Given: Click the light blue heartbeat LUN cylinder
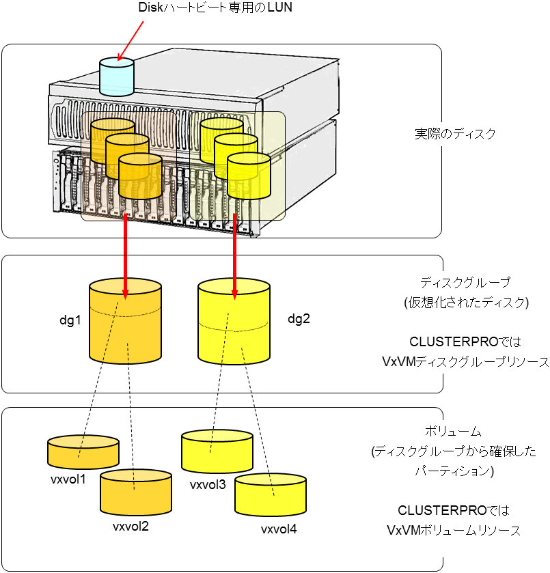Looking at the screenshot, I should pyautogui.click(x=117, y=76).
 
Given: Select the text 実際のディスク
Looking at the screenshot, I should pyautogui.click(x=454, y=133).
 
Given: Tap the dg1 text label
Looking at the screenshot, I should pyautogui.click(x=70, y=319).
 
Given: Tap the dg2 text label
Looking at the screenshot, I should pyautogui.click(x=299, y=318).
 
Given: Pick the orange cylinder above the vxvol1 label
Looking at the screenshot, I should pyautogui.click(x=83, y=451).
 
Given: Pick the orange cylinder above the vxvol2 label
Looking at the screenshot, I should pyautogui.click(x=135, y=492).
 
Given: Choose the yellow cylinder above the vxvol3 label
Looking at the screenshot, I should pyautogui.click(x=217, y=451).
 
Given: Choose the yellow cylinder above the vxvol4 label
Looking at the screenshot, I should pyautogui.click(x=270, y=496).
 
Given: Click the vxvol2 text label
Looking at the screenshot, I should pyautogui.click(x=130, y=527).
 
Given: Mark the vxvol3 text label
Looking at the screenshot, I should pyautogui.click(x=208, y=486).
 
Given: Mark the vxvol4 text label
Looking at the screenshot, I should pyautogui.click(x=279, y=529).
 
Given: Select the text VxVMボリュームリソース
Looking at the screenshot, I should pyautogui.click(x=454, y=530).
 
